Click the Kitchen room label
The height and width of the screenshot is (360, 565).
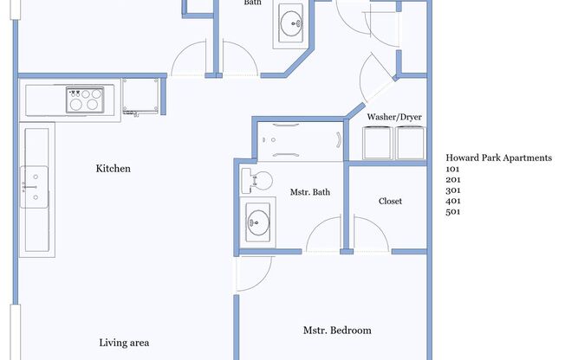pyautogui.click(x=114, y=169)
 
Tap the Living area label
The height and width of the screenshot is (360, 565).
pyautogui.click(x=124, y=343)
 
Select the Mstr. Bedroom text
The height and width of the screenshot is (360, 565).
pyautogui.click(x=337, y=330)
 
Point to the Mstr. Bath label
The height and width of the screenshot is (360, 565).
pyautogui.click(x=310, y=192)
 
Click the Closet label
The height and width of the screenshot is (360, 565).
pyautogui.click(x=390, y=201)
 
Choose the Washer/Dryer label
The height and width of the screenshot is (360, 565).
pyautogui.click(x=394, y=117)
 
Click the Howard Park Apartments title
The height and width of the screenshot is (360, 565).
pyautogui.click(x=498, y=157)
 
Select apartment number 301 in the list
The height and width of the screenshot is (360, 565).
pyautogui.click(x=453, y=190)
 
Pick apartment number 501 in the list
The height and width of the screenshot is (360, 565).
pyautogui.click(x=453, y=212)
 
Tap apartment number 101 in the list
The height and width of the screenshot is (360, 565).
pyautogui.click(x=452, y=169)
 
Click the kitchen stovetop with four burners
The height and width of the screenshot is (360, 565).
pyautogui.click(x=85, y=100)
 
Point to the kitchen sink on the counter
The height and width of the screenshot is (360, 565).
pyautogui.click(x=35, y=187)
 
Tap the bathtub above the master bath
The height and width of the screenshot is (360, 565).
pyautogui.click(x=300, y=141)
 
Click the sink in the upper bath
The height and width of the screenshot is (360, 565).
pyautogui.click(x=291, y=23)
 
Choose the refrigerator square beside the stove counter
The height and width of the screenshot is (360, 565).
pyautogui.click(x=140, y=96)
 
